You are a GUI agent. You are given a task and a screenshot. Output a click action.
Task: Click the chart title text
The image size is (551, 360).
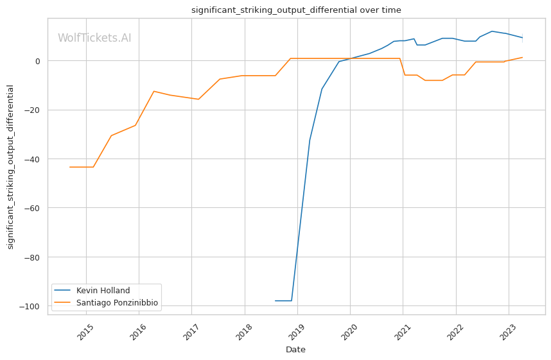[296, 10]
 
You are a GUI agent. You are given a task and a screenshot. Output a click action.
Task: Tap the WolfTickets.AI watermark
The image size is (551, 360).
[94, 39]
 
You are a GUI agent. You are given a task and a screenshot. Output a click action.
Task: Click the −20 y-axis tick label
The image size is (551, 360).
[33, 110]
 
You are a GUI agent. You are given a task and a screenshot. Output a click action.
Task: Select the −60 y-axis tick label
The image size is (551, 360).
[33, 208]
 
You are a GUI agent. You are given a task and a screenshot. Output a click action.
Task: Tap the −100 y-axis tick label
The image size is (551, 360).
[31, 306]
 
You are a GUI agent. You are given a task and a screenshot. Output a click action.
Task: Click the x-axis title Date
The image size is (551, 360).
[296, 350]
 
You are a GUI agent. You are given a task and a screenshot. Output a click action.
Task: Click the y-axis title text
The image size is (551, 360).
[11, 166]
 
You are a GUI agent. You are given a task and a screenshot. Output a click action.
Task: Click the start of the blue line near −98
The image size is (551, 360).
[275, 301]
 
